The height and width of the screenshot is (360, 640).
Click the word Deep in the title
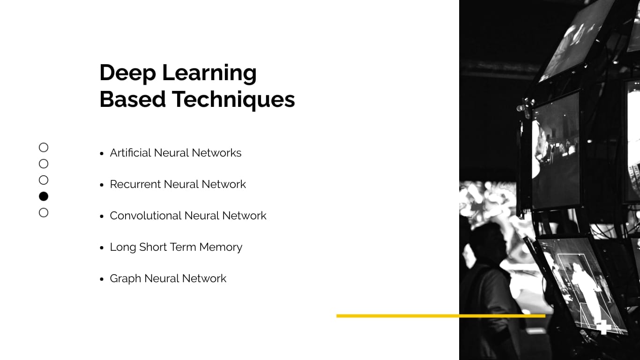127,73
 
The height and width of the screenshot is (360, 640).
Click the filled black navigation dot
44,196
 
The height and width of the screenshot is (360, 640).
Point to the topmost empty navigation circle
44,148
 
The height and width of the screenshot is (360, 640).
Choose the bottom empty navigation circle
44,213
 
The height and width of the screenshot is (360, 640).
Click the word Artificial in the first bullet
130,153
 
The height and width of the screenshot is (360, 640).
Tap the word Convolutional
145,216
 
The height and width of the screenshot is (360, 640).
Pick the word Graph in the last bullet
125,279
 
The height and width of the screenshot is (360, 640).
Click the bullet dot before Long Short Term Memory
102,247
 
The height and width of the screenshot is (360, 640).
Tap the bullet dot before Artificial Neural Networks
102,153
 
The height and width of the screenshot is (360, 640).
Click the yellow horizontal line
440,316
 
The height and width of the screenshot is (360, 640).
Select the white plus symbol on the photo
603,326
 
